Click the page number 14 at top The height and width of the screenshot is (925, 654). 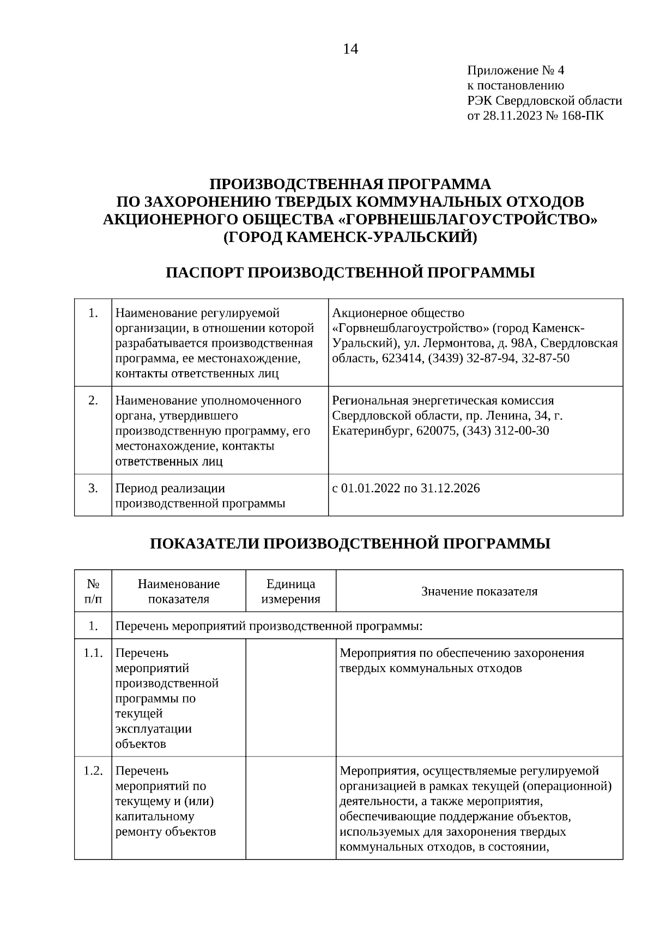pyautogui.click(x=350, y=50)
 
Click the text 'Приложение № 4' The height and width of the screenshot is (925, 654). pyautogui.click(x=516, y=70)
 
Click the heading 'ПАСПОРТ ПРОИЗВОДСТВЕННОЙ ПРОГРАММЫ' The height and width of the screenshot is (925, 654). pyautogui.click(x=350, y=273)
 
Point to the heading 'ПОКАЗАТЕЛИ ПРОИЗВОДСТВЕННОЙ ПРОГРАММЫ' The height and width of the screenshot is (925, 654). pyautogui.click(x=350, y=543)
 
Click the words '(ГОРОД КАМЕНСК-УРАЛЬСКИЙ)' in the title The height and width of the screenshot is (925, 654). pyautogui.click(x=350, y=238)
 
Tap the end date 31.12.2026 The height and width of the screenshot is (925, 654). pyautogui.click(x=450, y=488)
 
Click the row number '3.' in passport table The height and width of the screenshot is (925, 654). pyautogui.click(x=93, y=488)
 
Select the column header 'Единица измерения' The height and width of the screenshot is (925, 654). pyautogui.click(x=290, y=591)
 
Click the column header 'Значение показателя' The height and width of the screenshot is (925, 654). pyautogui.click(x=479, y=591)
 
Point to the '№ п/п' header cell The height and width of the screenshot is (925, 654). pyautogui.click(x=93, y=591)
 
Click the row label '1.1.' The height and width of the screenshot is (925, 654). pyautogui.click(x=93, y=653)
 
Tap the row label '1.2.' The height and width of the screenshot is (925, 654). pyautogui.click(x=93, y=771)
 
